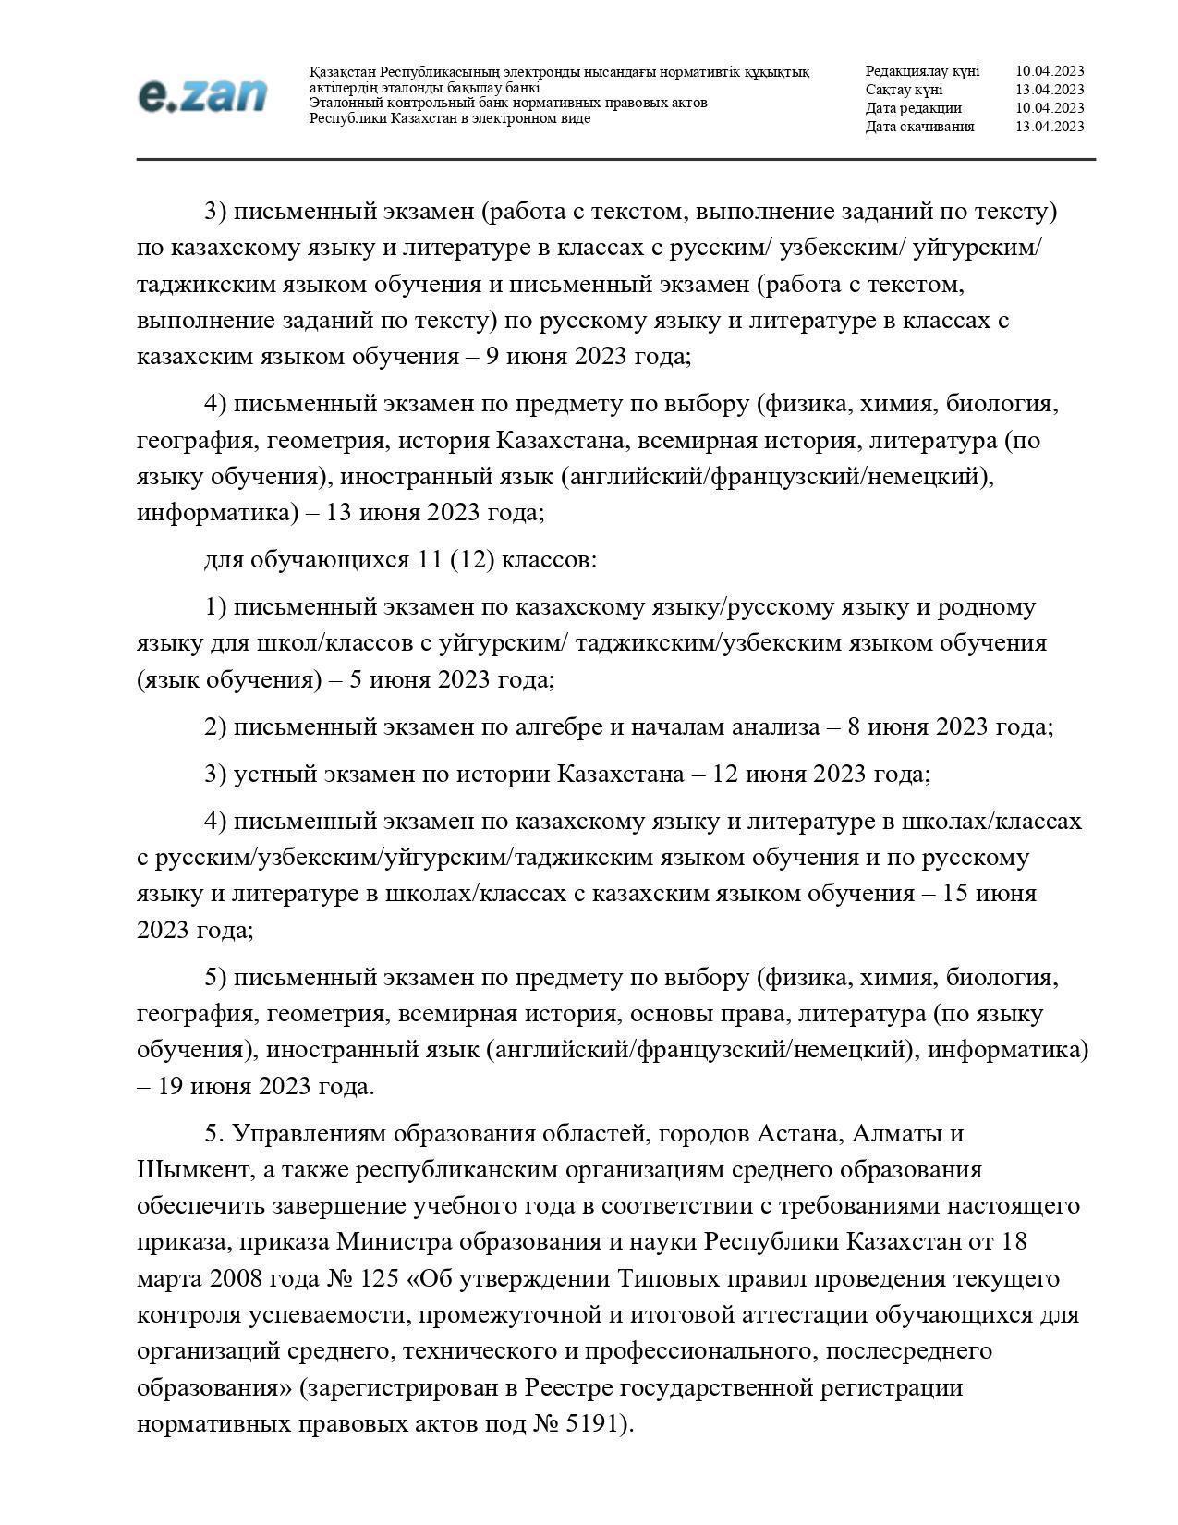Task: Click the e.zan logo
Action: click(202, 96)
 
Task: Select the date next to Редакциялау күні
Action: click(1049, 71)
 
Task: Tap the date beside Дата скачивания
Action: click(1049, 127)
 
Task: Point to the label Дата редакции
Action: click(913, 108)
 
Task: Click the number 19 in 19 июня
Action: click(171, 1086)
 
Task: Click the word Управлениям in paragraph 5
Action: click(310, 1133)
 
